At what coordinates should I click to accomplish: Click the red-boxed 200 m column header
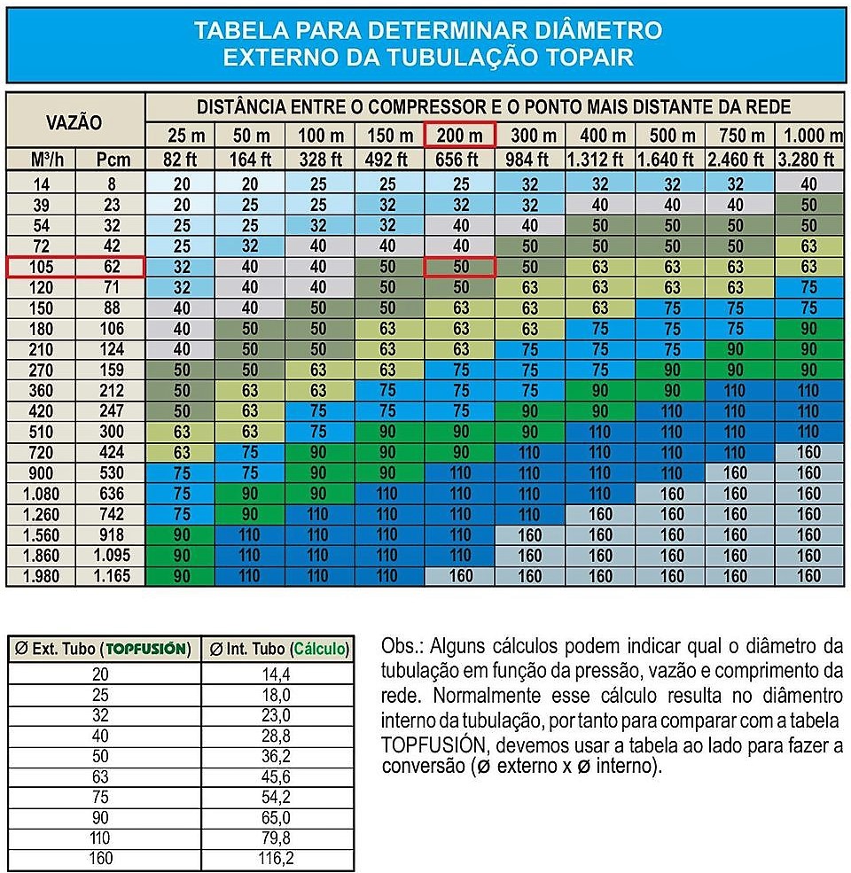click(x=460, y=136)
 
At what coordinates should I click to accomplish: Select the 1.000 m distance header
click(x=810, y=136)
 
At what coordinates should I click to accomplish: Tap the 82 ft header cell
click(x=178, y=160)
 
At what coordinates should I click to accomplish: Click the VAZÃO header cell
click(x=74, y=122)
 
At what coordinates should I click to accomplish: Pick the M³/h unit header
click(x=41, y=160)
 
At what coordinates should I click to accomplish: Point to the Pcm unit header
click(x=110, y=160)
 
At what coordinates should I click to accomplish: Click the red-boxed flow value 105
click(x=41, y=267)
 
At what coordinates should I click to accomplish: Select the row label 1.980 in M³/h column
click(x=41, y=576)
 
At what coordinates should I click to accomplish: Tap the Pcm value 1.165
click(x=110, y=576)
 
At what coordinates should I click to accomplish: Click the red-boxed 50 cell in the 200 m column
click(x=460, y=267)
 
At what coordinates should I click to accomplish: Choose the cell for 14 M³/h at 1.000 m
click(x=810, y=184)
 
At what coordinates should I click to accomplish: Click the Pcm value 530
click(x=110, y=472)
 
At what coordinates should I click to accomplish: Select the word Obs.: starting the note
click(x=402, y=643)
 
